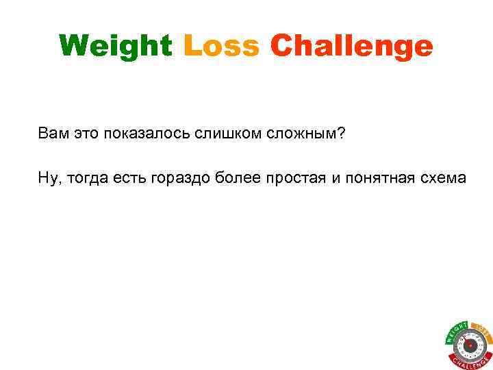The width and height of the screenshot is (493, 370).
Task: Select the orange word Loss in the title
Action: tap(222, 47)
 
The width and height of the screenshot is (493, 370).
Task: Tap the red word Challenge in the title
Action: tap(352, 47)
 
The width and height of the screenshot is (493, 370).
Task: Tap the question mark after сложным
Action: tap(341, 131)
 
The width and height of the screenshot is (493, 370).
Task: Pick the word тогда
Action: tap(84, 179)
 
